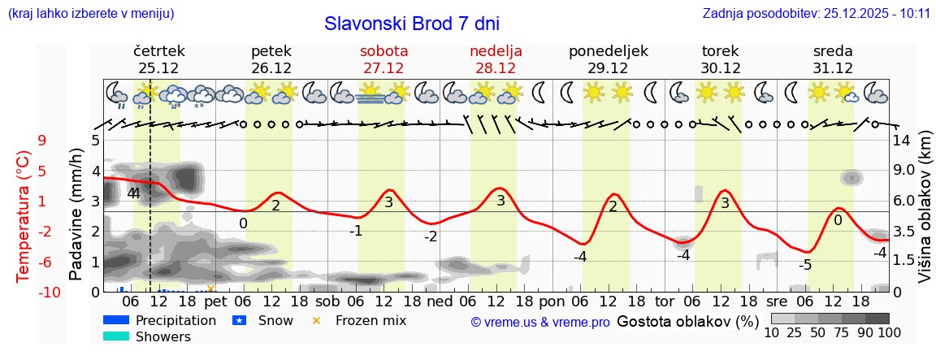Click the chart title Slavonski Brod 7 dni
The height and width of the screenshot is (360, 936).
412,24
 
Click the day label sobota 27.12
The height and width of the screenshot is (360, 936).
383,59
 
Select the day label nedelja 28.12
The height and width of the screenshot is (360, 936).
496,59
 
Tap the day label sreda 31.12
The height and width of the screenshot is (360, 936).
833,59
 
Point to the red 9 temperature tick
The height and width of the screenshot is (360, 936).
41,141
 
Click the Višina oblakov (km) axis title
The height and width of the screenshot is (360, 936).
925,215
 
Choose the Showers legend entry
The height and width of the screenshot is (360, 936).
162,336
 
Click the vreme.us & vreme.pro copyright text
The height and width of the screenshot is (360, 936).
540,323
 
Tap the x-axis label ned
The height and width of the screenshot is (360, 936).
440,301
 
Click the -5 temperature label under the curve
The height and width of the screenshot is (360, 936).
804,265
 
